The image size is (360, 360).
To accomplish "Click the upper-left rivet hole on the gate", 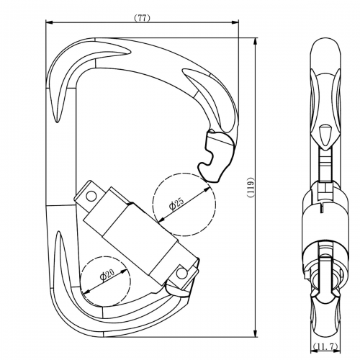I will [91, 194].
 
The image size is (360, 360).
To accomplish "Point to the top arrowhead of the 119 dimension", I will [257, 37].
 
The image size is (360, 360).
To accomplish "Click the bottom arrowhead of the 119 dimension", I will [257, 336].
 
